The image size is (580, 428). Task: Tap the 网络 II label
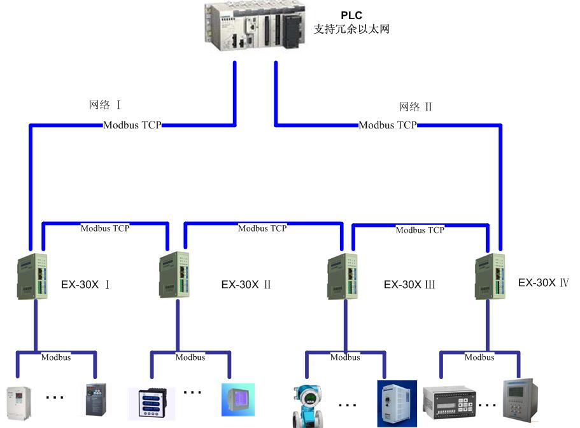[415, 107]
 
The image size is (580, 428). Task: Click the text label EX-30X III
[409, 285]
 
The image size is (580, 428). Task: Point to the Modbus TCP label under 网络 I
[132, 125]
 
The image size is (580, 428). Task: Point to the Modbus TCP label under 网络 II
[387, 125]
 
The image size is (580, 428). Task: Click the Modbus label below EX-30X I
[56, 357]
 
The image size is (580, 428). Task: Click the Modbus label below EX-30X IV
[479, 357]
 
